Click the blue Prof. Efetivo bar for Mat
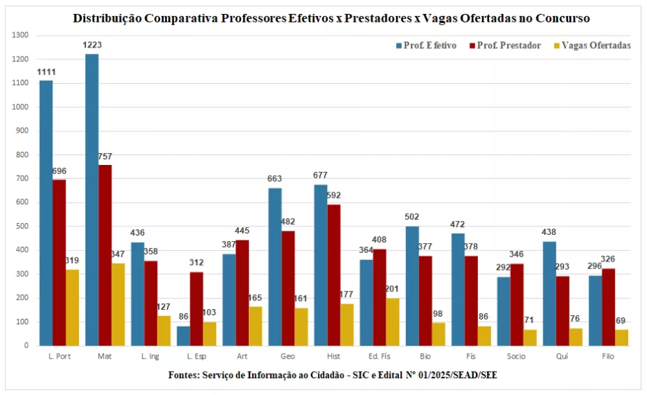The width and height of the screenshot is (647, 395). [92, 199]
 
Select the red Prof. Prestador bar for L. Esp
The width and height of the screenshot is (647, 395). [196, 308]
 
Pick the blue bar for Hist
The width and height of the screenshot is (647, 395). [321, 265]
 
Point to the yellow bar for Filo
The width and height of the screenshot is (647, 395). [621, 337]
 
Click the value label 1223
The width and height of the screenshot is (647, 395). [92, 45]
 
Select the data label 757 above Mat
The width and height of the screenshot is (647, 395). [105, 156]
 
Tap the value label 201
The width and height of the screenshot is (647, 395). [392, 289]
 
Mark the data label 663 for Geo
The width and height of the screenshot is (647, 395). [275, 179]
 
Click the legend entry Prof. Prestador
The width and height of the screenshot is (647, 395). [509, 45]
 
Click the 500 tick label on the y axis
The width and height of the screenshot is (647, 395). [23, 227]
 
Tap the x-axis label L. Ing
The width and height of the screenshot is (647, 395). [150, 357]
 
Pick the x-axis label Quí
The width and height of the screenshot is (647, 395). [562, 357]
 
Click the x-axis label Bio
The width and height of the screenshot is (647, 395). [425, 357]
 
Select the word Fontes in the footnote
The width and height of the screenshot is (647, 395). [184, 375]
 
